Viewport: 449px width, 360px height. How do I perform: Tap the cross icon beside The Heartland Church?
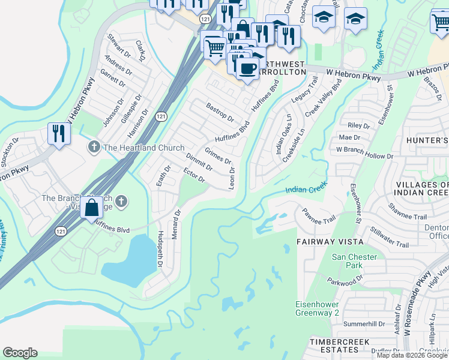(x=94, y=147)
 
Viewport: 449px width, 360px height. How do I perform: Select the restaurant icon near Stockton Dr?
(x=58, y=134)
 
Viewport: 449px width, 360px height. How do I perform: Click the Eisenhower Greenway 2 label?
(x=317, y=308)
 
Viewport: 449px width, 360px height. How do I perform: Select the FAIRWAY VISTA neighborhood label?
(x=330, y=241)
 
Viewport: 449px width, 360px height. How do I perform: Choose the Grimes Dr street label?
(x=218, y=156)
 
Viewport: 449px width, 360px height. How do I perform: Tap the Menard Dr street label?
(x=176, y=224)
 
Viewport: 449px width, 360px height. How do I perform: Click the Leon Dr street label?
(x=231, y=178)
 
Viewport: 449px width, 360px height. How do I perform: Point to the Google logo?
(x=20, y=353)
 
